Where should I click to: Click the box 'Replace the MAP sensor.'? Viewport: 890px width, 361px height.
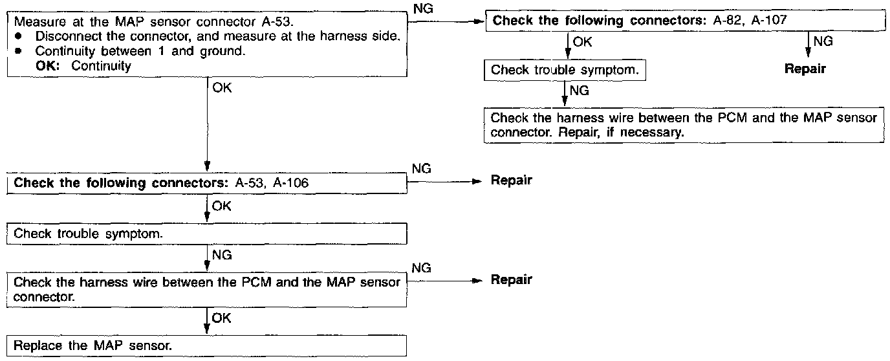207,345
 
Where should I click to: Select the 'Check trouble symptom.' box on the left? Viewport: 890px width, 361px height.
207,234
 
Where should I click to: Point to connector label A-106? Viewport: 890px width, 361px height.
291,183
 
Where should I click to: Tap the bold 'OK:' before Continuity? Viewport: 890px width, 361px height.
49,65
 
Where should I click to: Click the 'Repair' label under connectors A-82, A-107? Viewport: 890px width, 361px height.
805,69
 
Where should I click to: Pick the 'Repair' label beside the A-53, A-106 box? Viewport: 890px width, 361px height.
511,180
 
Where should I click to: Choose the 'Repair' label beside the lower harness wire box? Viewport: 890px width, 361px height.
511,279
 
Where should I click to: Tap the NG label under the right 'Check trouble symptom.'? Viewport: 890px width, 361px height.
580,91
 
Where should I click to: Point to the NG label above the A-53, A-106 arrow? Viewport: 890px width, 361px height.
421,169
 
